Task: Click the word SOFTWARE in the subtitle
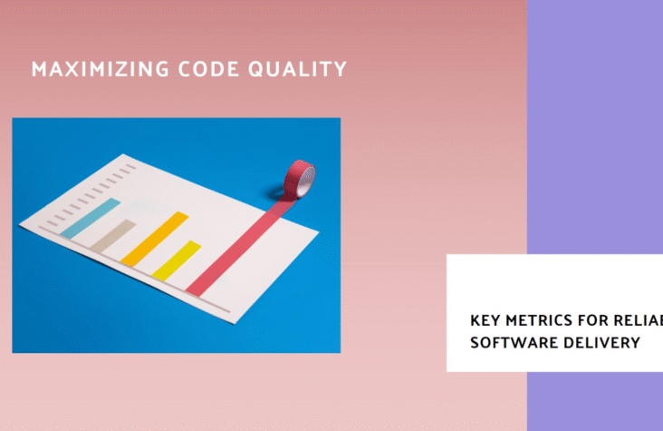pyautogui.click(x=510, y=342)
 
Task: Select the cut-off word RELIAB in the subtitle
pyautogui.click(x=644, y=321)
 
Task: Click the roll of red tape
pyautogui.click(x=300, y=179)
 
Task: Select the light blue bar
pyautogui.click(x=90, y=219)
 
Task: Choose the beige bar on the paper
pyautogui.click(x=111, y=238)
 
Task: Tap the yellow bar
pyautogui.click(x=176, y=260)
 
